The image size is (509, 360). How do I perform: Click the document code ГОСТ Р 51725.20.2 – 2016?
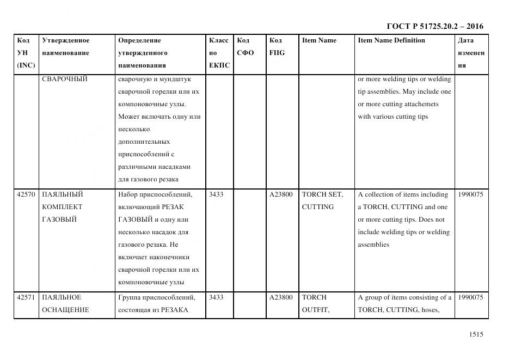tap(434, 26)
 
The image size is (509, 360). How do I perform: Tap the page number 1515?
tap(476, 335)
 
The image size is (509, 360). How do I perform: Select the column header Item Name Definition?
tap(391, 40)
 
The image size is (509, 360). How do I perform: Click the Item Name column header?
tap(319, 40)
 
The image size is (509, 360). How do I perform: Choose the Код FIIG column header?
tap(277, 47)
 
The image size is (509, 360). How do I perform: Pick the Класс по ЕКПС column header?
tap(219, 53)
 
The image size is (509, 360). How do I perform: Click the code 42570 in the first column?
tap(26, 194)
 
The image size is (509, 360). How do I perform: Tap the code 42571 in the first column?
tap(26, 297)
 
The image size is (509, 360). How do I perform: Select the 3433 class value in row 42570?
tap(216, 194)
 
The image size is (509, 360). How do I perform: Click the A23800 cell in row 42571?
tap(281, 297)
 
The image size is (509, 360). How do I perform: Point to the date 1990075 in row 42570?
tap(470, 194)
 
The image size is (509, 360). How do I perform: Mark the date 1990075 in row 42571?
tap(470, 297)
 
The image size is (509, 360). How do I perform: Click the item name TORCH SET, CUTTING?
tap(322, 200)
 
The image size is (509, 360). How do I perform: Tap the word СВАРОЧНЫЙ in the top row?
tap(64, 79)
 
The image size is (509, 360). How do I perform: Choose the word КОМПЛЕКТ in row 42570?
tap(62, 207)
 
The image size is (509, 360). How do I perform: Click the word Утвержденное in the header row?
tap(65, 40)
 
